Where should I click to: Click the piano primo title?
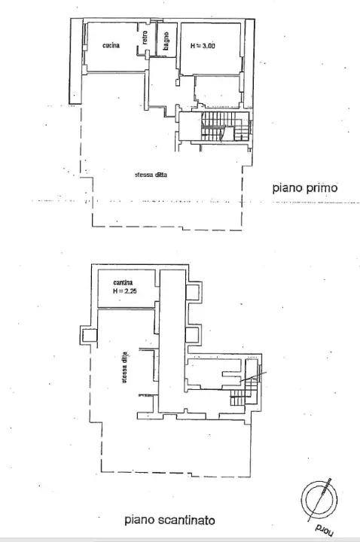(x=304, y=189)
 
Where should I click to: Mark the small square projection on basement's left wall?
(x=87, y=336)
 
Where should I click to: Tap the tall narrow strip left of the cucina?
(x=76, y=60)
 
